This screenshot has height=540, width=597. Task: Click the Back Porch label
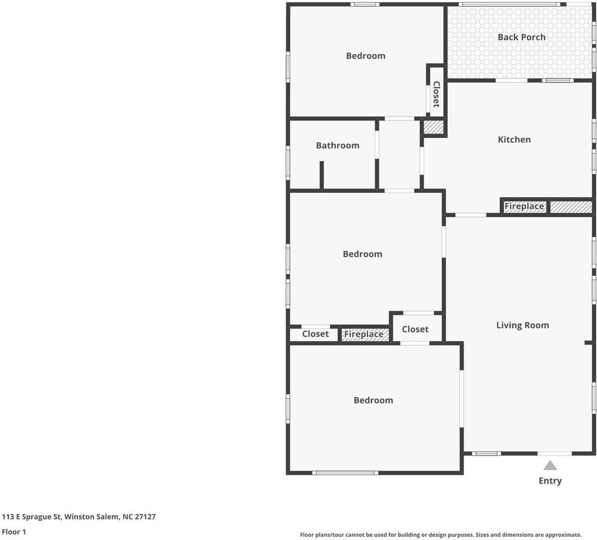point(521,37)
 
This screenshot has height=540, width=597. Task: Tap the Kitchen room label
point(514,139)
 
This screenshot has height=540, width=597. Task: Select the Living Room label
point(523,325)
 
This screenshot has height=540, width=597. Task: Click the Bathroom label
point(337,145)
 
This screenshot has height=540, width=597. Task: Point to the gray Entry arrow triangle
point(550,465)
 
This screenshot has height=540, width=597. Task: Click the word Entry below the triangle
point(550,481)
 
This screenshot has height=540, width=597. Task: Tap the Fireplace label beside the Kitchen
point(524,206)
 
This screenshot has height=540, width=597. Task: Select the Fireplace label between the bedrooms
point(364,334)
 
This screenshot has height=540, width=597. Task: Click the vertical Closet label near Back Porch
point(436,94)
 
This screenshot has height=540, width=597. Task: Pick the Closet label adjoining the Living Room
point(415,329)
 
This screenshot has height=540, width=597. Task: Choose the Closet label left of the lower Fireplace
point(315,334)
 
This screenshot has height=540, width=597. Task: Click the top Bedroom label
point(366,56)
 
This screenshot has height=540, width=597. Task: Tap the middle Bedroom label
point(363,254)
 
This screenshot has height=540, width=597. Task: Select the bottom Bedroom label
point(373,400)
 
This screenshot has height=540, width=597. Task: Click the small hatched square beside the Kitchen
point(434,127)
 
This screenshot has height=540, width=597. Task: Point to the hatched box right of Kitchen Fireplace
point(571,207)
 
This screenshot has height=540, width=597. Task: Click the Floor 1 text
point(14,532)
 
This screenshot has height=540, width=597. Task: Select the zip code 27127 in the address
point(145,516)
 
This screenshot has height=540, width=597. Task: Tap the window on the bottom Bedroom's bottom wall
point(345,473)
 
